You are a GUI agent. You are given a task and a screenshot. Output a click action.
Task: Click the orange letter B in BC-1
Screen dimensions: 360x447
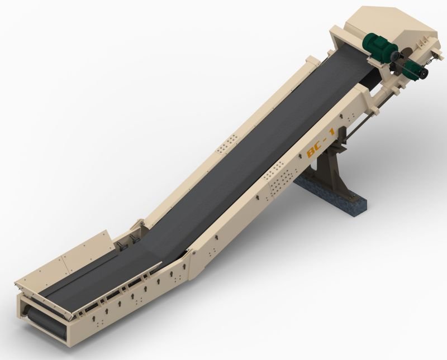(311, 153)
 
